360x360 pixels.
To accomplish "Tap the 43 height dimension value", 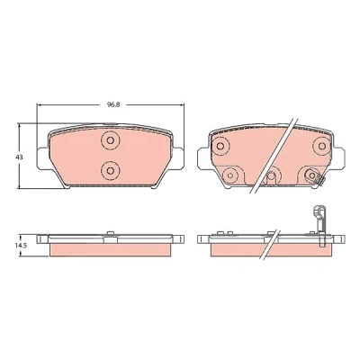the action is (x=20, y=157).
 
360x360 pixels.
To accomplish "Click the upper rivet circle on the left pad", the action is (x=111, y=140).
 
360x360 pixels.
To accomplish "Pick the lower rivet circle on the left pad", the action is (x=111, y=171).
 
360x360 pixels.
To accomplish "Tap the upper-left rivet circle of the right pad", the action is (x=220, y=146).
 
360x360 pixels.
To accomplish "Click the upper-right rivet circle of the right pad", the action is (x=322, y=146).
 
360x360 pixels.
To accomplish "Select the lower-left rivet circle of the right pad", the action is (x=230, y=175).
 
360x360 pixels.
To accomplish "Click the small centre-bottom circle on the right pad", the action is (x=272, y=176).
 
